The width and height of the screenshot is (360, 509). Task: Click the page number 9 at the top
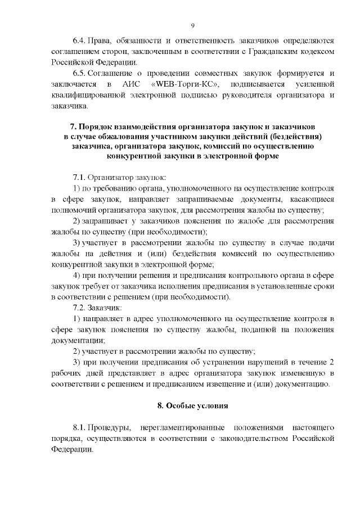[193, 25]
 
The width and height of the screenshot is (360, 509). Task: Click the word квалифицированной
[83, 95]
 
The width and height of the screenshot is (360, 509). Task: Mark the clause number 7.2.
[80, 308]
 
